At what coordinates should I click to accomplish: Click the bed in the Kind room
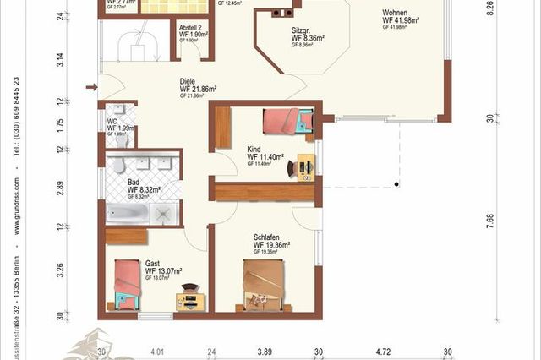(287, 122)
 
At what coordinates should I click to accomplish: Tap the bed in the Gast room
(128, 282)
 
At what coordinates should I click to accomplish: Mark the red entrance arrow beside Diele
(91, 86)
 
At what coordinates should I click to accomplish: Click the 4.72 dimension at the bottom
(385, 352)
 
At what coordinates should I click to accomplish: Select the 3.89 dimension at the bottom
(264, 352)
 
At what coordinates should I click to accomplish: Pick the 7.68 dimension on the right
(491, 221)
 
